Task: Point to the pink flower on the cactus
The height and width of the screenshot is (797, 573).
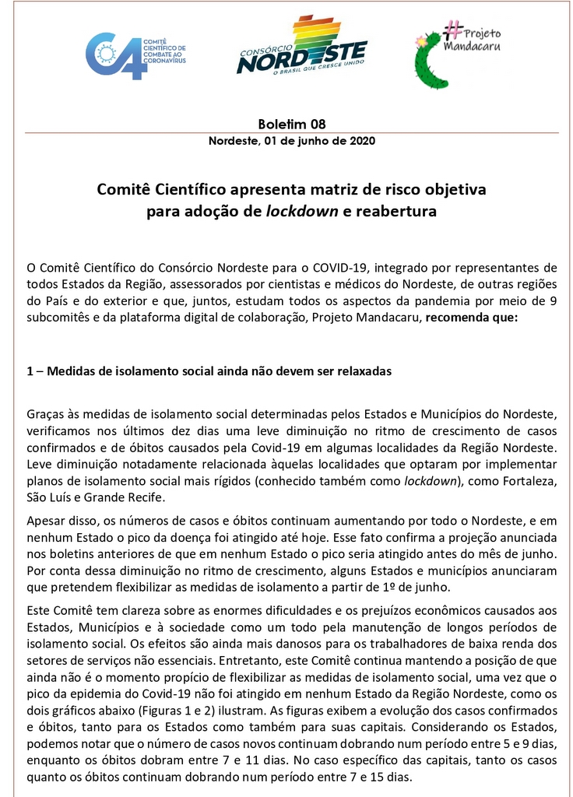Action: tap(421, 39)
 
